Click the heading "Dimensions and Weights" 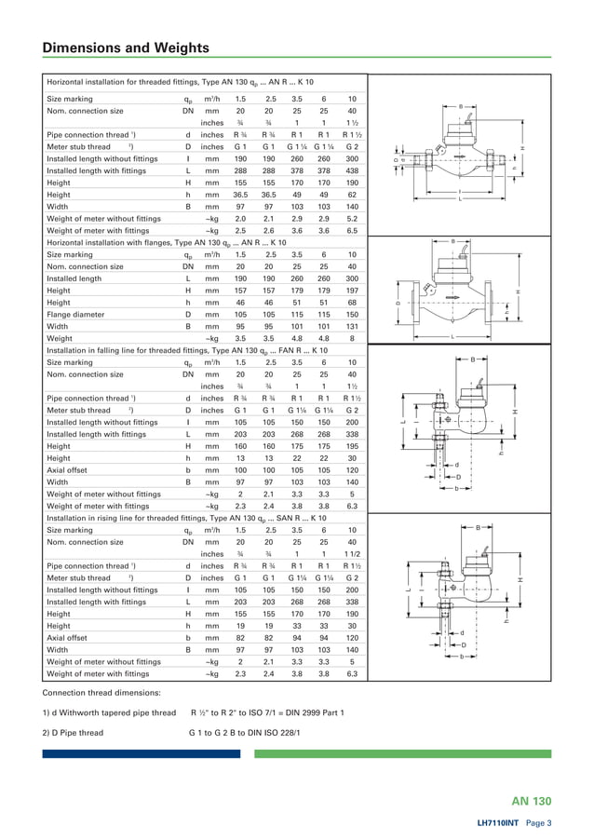(x=126, y=48)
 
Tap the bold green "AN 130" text (x=532, y=801)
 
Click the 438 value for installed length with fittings (x=352, y=170)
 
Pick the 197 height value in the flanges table (x=352, y=291)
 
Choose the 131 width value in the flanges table (x=352, y=327)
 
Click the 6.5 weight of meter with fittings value (x=352, y=231)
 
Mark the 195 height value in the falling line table (x=352, y=446)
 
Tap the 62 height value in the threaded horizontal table (x=352, y=195)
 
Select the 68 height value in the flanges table (x=352, y=303)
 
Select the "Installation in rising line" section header (x=186, y=518)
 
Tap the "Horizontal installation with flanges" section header (x=166, y=242)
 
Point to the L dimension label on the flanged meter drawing (x=452, y=336)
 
